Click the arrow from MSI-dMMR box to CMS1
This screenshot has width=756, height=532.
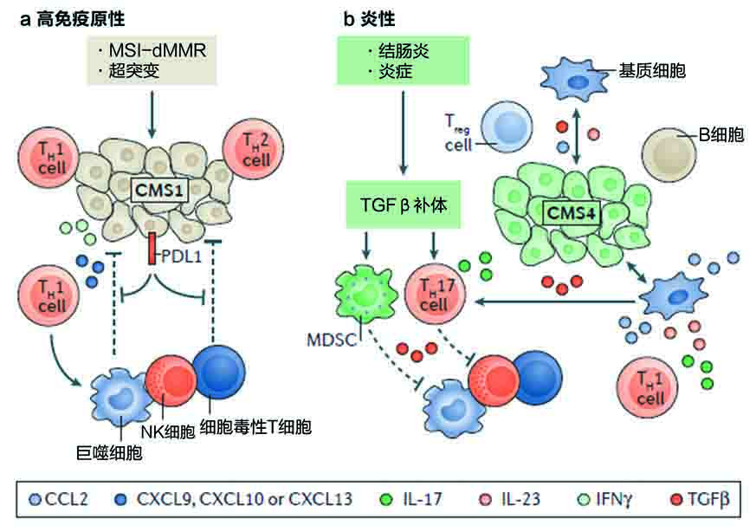pos(152,114)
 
